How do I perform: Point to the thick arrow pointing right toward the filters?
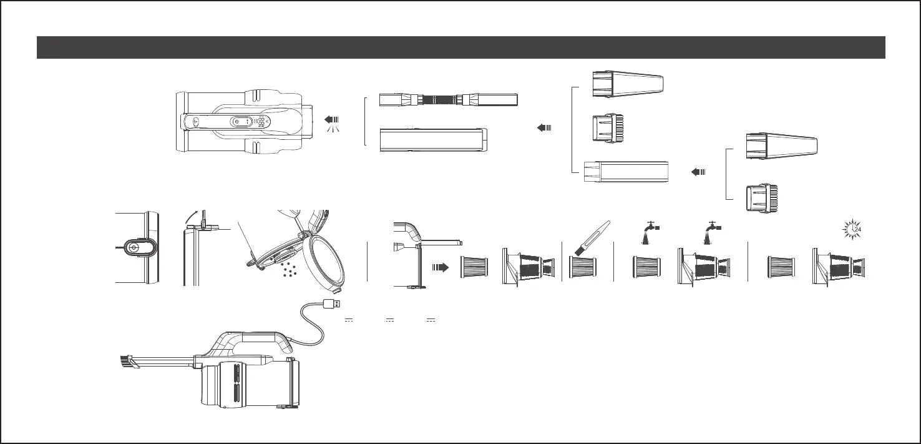pyautogui.click(x=441, y=267)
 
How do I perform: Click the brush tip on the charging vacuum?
pyautogui.click(x=126, y=362)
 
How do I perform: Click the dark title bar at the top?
pyautogui.click(x=460, y=47)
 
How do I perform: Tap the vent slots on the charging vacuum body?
pyautogui.click(x=236, y=382)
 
